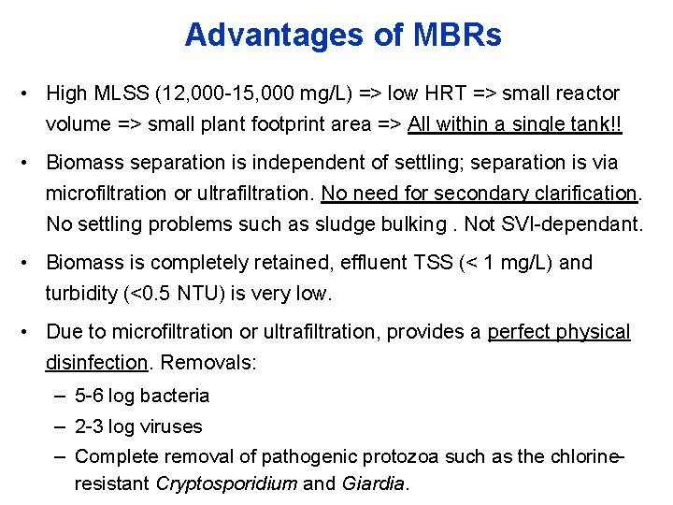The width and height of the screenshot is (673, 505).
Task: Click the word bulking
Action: coord(447,224)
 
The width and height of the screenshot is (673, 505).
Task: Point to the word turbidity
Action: coord(81,294)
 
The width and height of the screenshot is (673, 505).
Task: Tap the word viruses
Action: coord(170,426)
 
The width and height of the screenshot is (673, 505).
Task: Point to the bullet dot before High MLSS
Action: coord(32,94)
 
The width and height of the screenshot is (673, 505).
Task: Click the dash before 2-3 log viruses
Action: coord(58,426)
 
